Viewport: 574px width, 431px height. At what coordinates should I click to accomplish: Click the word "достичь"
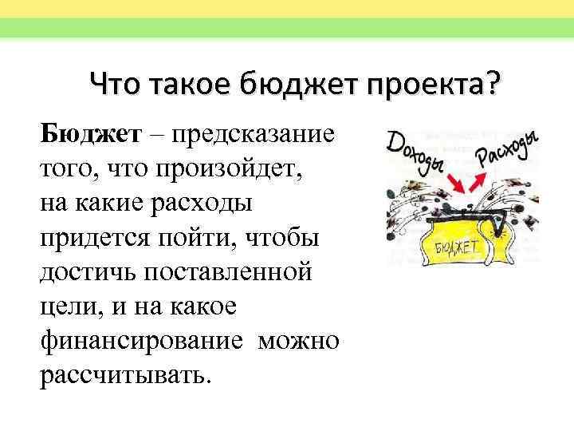tap(87, 272)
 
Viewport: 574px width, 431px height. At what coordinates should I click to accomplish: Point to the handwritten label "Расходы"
tap(505, 150)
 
